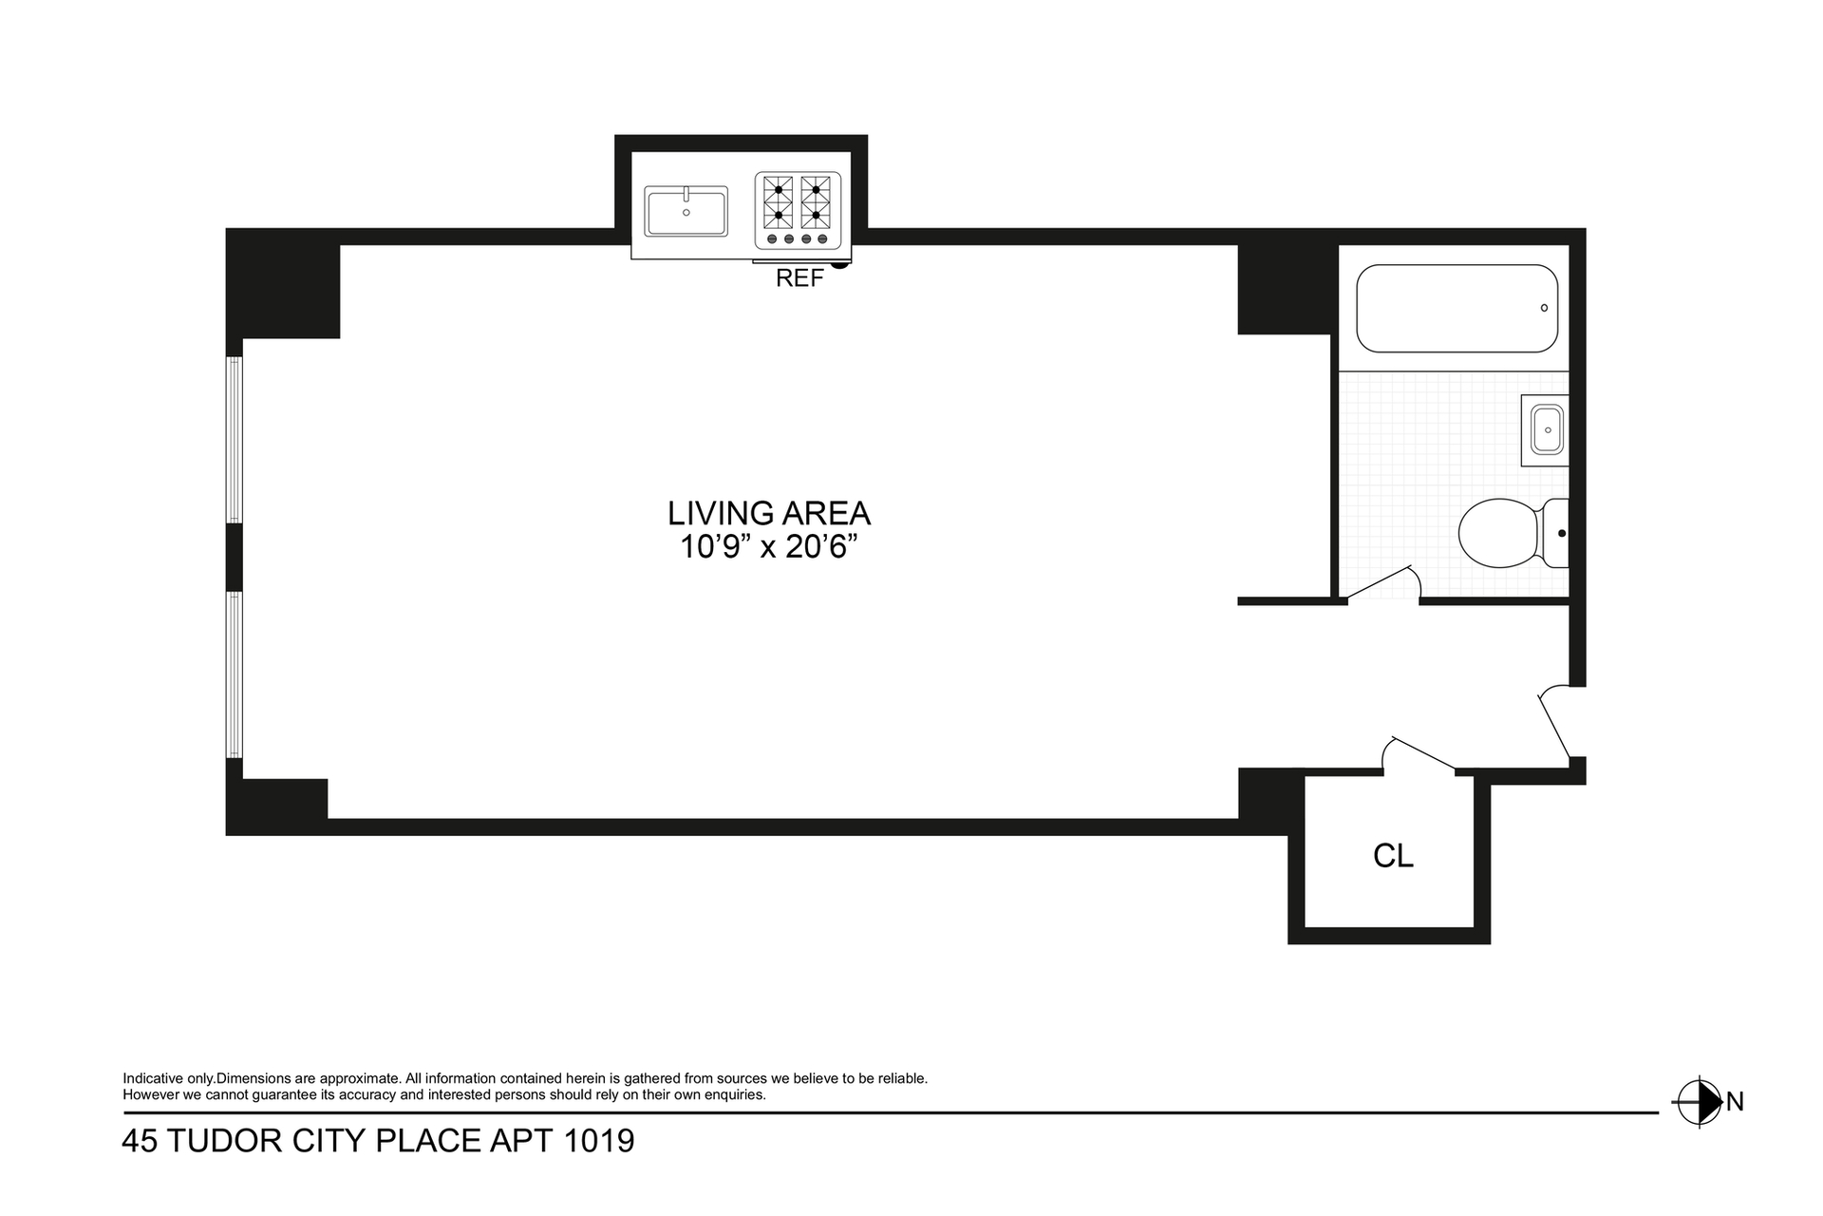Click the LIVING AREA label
click(x=769, y=513)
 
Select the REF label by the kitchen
click(x=799, y=278)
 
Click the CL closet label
click(x=1393, y=856)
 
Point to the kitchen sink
click(x=686, y=211)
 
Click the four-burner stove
click(x=798, y=211)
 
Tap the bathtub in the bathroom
click(x=1457, y=308)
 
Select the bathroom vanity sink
click(x=1545, y=430)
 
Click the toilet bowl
click(x=1499, y=533)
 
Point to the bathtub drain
click(x=1544, y=308)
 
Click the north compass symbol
click(x=1698, y=1103)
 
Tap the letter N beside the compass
click(x=1735, y=1102)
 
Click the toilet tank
click(x=1555, y=533)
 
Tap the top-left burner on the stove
click(x=779, y=190)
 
